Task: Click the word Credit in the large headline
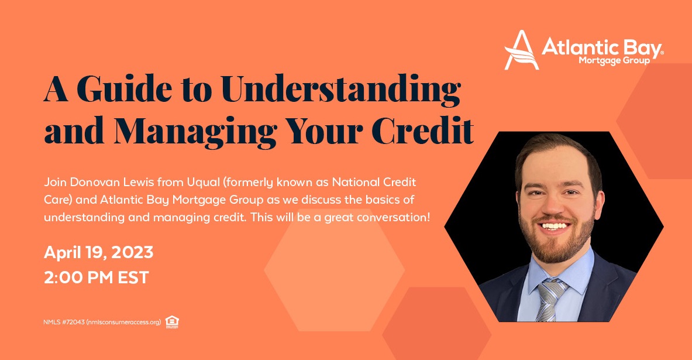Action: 423,130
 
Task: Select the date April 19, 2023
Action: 98,253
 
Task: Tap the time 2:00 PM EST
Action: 96,278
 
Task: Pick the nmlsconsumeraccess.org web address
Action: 123,323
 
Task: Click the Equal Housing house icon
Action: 171,322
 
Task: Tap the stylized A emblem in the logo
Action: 522,50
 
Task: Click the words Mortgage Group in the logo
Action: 614,60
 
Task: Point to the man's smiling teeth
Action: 555,226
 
